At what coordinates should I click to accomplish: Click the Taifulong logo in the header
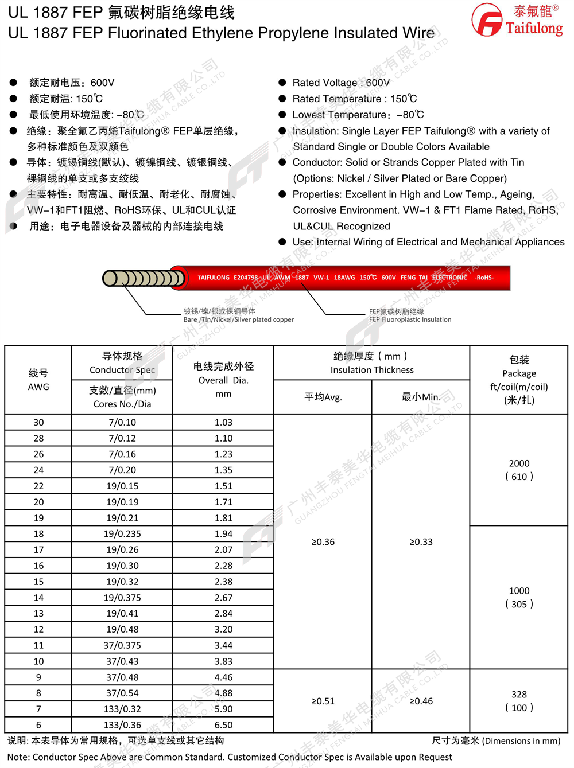point(517,20)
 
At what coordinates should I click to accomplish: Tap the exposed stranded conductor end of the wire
point(143,279)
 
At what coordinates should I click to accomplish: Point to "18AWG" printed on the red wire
point(344,278)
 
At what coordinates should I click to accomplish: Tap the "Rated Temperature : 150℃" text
point(354,99)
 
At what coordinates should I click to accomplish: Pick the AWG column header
point(38,380)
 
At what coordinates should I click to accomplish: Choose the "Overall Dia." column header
point(223,380)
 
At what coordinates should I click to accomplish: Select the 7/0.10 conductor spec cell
point(122,422)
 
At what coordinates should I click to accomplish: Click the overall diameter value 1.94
point(223,533)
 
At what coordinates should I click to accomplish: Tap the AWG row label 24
point(38,470)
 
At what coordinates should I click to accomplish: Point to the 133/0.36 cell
point(122,725)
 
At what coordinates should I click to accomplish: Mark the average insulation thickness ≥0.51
point(323,701)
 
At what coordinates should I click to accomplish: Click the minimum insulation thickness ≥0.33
point(421,541)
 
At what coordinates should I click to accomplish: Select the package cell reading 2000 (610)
point(519,470)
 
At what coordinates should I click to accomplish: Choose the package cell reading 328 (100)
point(519,701)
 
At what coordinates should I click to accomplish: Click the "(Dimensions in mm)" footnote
point(521,741)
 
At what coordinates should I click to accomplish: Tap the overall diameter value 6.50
point(223,725)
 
